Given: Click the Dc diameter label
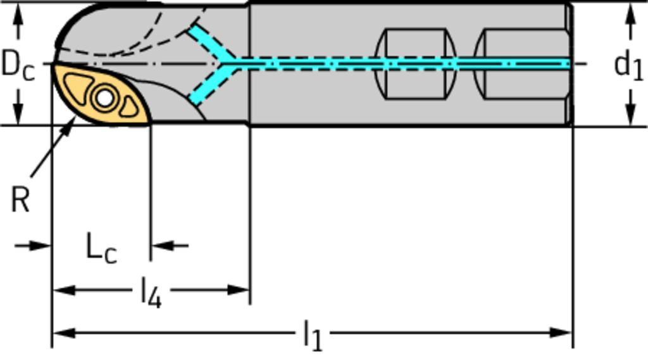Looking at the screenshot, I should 17,65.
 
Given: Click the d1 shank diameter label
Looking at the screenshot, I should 628,65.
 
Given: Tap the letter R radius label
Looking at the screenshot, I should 21,201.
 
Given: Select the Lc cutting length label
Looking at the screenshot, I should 101,249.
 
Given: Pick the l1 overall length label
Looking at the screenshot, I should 312,335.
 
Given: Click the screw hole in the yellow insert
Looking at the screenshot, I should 103,98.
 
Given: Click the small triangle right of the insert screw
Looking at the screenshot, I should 128,106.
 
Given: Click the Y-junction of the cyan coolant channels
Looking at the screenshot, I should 228,64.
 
